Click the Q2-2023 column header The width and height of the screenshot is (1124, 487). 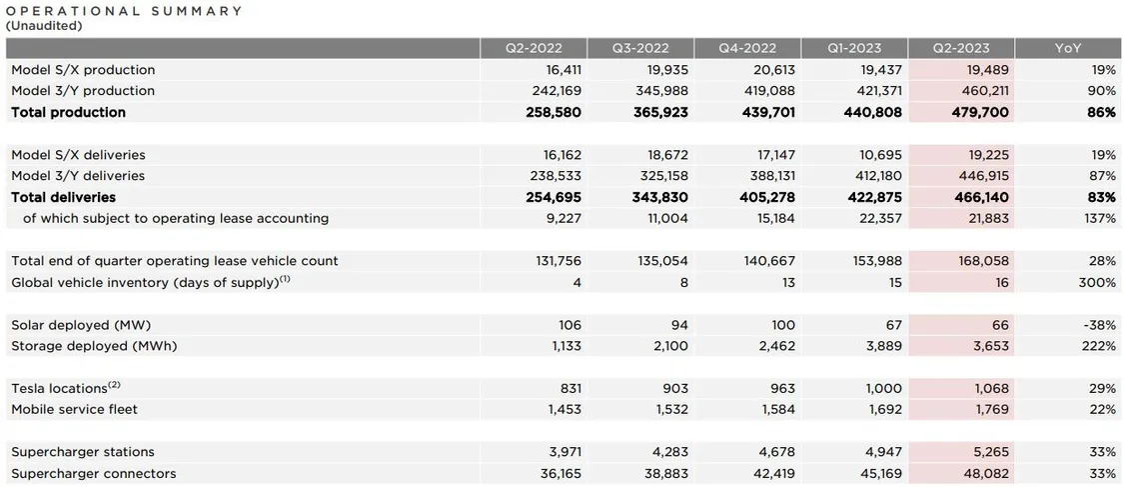pos(960,48)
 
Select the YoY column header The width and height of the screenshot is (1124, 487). pos(1068,48)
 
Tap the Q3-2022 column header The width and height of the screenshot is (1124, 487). pos(640,48)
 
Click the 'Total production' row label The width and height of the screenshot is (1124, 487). pos(69,113)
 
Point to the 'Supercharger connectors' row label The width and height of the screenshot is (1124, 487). pos(94,473)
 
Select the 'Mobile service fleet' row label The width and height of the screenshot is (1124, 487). pos(75,410)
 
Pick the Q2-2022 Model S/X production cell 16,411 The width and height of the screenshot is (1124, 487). pos(562,70)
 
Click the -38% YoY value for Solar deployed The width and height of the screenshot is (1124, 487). pos(1100,325)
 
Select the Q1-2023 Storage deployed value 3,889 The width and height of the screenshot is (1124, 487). pos(884,346)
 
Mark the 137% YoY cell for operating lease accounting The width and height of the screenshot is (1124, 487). pos(1101,219)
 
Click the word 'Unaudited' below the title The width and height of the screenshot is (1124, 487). pos(44,26)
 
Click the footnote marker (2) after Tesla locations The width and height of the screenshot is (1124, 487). pos(115,386)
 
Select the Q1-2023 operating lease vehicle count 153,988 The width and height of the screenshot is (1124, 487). pos(876,261)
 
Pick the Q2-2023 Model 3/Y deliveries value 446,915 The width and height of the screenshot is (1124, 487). pos(983,176)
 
